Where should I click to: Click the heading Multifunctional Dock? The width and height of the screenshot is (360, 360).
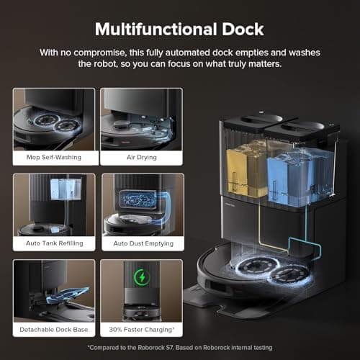[179, 30]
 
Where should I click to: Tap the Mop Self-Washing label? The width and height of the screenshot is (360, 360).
[53, 156]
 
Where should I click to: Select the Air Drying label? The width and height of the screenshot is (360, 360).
[143, 156]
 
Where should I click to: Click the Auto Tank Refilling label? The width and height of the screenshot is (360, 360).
[53, 243]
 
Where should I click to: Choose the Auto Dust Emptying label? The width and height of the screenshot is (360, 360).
[143, 243]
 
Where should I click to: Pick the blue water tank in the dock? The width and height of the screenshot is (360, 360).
[294, 173]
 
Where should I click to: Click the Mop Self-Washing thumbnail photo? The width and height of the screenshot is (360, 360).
[53, 117]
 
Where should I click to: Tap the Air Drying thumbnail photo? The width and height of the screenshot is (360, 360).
[142, 117]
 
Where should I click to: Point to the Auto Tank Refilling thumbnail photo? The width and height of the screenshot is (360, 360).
[53, 204]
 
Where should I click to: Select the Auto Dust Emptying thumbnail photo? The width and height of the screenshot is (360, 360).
[142, 204]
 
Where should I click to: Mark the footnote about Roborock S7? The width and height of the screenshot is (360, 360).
[179, 348]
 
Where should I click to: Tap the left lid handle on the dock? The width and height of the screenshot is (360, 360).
[251, 120]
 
